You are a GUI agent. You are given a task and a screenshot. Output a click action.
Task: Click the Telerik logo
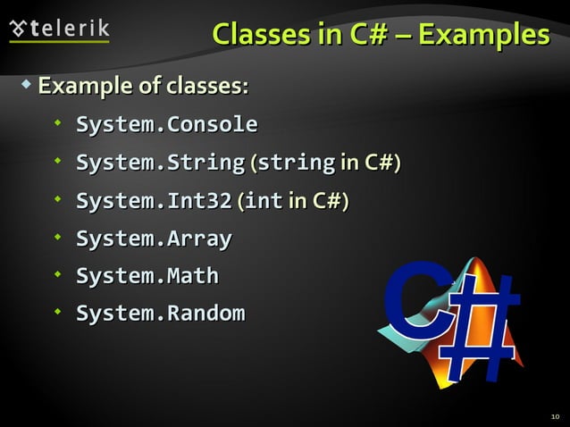pos(59,29)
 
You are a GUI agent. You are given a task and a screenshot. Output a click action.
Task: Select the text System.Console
pos(166,124)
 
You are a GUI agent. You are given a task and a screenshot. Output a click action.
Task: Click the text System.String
pos(159,163)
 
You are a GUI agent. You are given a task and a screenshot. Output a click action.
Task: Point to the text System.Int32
pos(153,201)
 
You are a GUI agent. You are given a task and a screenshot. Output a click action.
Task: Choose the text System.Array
pos(153,239)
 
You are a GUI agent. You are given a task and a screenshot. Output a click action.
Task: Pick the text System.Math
pos(147,276)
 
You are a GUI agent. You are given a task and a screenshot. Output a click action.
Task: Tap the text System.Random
pos(159,314)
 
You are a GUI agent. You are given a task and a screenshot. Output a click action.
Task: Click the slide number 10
pos(555,416)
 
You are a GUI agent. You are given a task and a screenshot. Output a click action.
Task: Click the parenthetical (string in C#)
pos(325,163)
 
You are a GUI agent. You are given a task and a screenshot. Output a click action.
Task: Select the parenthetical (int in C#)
pos(293,201)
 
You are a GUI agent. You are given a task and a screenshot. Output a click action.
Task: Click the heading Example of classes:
pos(143,87)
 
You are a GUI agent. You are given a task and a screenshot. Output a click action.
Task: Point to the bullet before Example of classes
pos(26,85)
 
